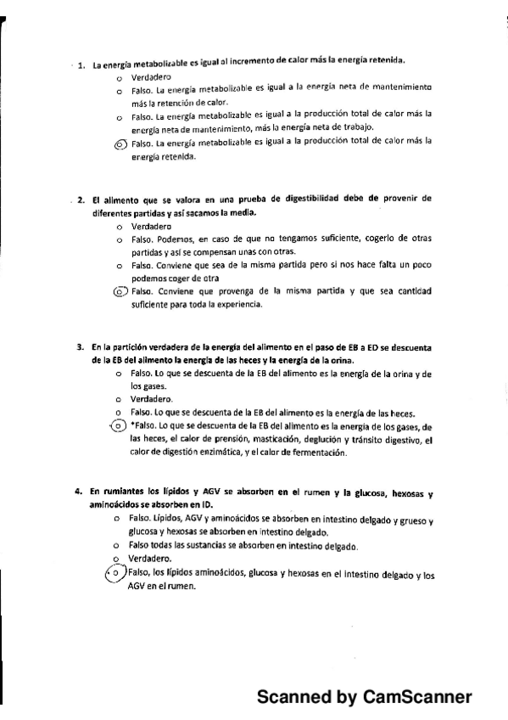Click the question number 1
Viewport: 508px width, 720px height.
click(x=81, y=65)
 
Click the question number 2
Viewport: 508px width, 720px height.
click(x=81, y=199)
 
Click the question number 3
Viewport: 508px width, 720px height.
click(x=80, y=346)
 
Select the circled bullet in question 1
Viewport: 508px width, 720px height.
click(x=119, y=143)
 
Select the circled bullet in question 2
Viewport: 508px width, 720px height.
click(x=119, y=291)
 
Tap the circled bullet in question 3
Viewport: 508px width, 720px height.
click(x=119, y=425)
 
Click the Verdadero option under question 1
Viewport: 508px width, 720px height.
click(x=152, y=76)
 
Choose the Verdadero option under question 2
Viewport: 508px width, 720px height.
click(x=152, y=227)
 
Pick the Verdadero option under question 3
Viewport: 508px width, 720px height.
click(x=152, y=398)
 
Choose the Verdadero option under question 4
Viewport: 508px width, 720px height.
click(x=149, y=559)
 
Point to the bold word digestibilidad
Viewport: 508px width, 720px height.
click(x=320, y=199)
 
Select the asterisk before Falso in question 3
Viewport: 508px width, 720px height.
click(x=131, y=426)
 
